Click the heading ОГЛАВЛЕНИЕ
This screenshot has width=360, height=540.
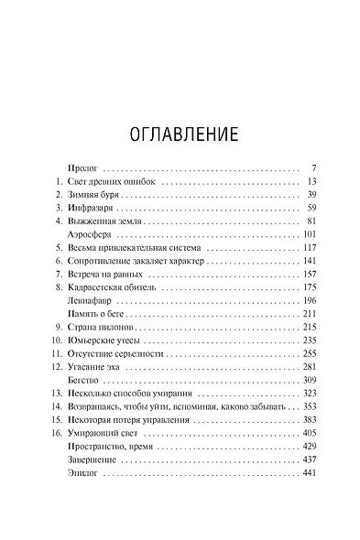pos(180,134)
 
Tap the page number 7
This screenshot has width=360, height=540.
pos(313,169)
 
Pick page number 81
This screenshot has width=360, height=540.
pos(310,221)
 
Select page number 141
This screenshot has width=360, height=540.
pos(308,261)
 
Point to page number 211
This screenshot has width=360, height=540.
pos(308,313)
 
